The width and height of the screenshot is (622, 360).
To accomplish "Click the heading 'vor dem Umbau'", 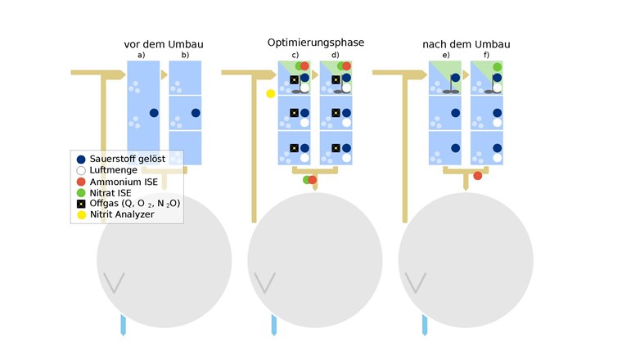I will click(x=164, y=43).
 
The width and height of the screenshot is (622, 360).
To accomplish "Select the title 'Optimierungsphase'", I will click(x=315, y=42).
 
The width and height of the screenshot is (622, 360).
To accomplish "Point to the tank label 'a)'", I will click(x=142, y=55).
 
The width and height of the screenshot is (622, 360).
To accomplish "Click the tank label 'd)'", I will click(x=335, y=55).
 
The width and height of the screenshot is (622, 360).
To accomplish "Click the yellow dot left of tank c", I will click(x=271, y=93).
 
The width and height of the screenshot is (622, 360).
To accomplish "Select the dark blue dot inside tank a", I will click(x=154, y=113).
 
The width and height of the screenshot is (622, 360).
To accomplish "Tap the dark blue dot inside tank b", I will click(x=196, y=113).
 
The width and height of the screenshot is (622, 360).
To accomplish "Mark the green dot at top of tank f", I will click(x=497, y=66).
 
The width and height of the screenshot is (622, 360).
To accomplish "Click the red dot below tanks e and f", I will click(x=478, y=175).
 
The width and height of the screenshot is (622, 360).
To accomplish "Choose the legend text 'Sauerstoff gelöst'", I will click(x=127, y=158).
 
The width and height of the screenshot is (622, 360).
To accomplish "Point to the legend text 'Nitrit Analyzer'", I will click(x=122, y=214).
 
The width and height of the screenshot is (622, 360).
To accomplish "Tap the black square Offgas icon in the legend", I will click(x=79, y=203).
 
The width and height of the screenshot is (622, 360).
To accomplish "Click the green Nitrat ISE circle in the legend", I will click(x=79, y=192).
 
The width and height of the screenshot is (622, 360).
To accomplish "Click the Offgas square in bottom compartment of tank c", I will click(x=294, y=148).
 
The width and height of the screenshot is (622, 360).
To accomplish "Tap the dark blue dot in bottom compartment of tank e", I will click(x=455, y=148).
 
